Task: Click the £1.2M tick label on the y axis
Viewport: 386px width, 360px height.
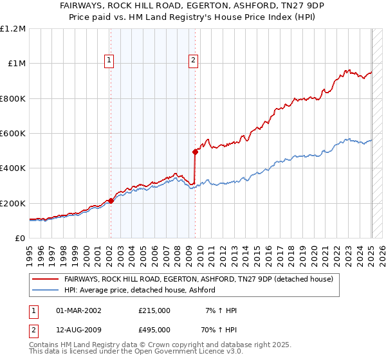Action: [x=13, y=29]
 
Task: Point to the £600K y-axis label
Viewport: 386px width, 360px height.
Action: [x=13, y=134]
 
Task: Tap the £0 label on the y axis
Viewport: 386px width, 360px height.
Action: [x=21, y=239]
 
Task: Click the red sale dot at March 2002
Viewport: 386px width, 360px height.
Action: [x=111, y=201]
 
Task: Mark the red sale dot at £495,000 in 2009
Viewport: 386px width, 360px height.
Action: [x=195, y=152]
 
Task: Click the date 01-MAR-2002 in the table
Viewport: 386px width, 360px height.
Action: [x=79, y=310]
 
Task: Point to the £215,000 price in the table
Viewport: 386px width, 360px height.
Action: [x=154, y=310]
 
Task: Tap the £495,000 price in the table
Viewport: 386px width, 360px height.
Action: [x=154, y=332]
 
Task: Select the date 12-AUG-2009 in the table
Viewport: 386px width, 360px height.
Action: [x=80, y=332]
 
